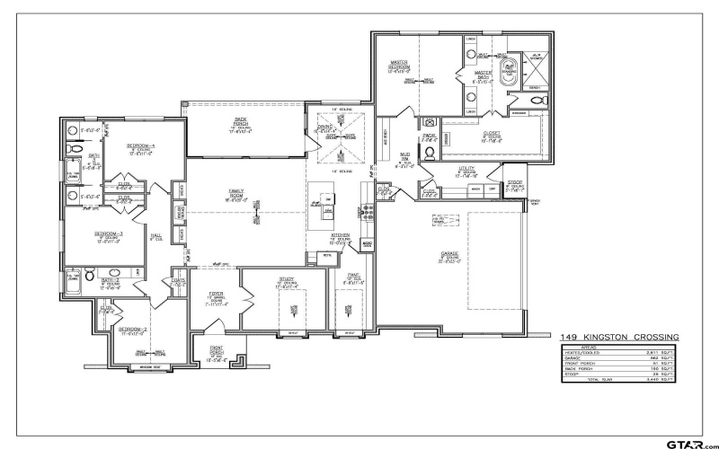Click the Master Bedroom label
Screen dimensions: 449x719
pyautogui.click(x=398, y=66)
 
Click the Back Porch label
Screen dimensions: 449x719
pyautogui.click(x=241, y=119)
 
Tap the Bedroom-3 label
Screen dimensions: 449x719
pyautogui.click(x=109, y=233)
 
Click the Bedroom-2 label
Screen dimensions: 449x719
pyautogui.click(x=133, y=329)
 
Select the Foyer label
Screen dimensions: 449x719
pyautogui.click(x=216, y=294)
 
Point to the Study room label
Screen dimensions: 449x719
pyautogui.click(x=287, y=280)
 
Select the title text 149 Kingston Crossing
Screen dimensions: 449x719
pyautogui.click(x=619, y=337)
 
